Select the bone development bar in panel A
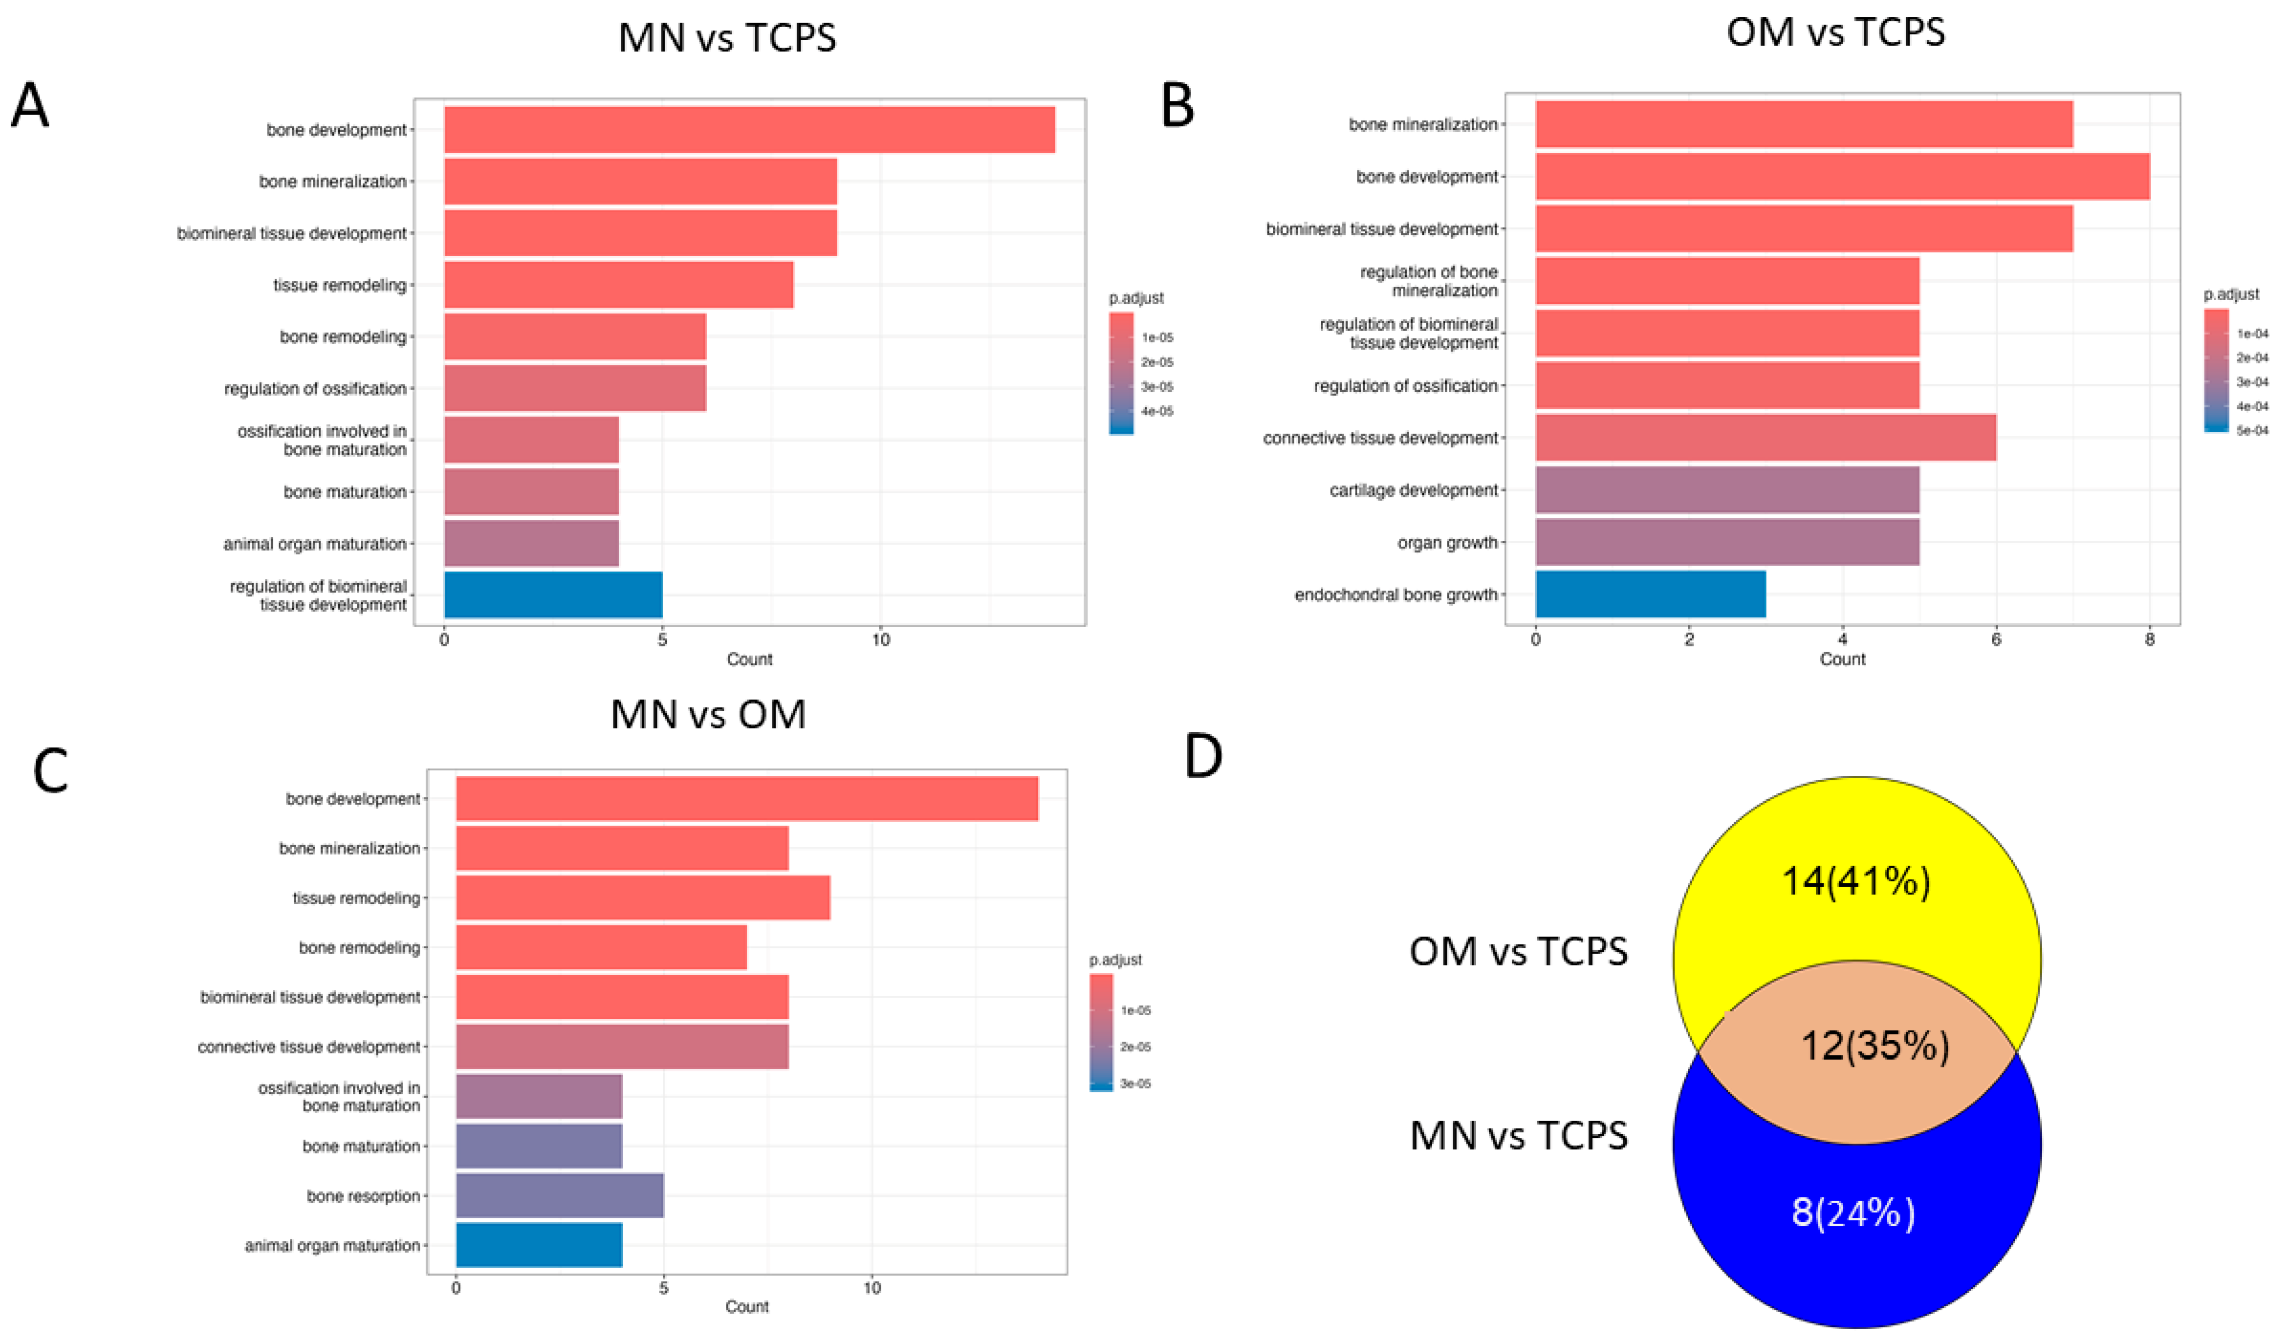pyautogui.click(x=749, y=130)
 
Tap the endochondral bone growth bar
pyautogui.click(x=1650, y=594)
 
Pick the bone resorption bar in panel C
pyautogui.click(x=559, y=1195)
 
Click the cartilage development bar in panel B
pyautogui.click(x=1727, y=490)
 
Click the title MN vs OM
pyautogui.click(x=708, y=714)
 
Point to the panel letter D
pyautogui.click(x=1203, y=757)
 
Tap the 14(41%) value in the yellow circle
pyautogui.click(x=1855, y=880)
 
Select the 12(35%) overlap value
pyautogui.click(x=1875, y=1046)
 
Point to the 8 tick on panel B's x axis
pyautogui.click(x=2150, y=640)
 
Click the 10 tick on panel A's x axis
pyautogui.click(x=880, y=640)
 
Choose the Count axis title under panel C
pyautogui.click(x=747, y=1307)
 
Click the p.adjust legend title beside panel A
pyautogui.click(x=1136, y=298)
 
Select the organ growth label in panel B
pyautogui.click(x=1447, y=542)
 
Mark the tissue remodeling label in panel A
pyautogui.click(x=339, y=285)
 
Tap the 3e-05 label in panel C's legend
pyautogui.click(x=1135, y=1083)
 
